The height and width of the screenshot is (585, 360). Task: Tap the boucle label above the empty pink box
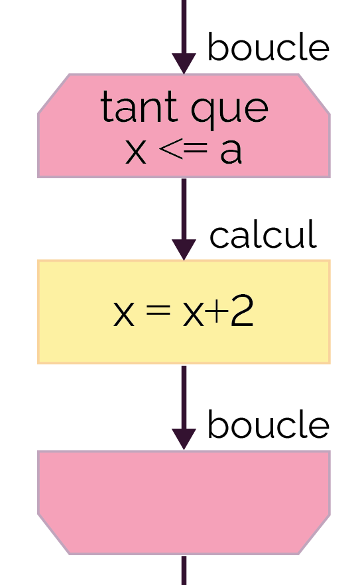[x=268, y=424]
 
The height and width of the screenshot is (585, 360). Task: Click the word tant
[x=139, y=107]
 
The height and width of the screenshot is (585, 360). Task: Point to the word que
[x=229, y=111]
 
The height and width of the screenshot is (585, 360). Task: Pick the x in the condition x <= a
[x=135, y=152]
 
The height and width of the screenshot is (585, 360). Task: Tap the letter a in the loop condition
[x=231, y=152]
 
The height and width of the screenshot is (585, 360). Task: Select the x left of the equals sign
[x=123, y=314]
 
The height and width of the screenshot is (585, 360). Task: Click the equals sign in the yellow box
[x=158, y=311]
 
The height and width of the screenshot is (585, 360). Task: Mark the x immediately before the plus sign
[x=194, y=314]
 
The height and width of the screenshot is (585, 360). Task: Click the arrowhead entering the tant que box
[x=184, y=64]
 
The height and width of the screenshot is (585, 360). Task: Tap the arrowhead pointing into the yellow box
[x=184, y=250]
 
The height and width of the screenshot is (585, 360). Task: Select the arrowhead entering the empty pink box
[x=184, y=439]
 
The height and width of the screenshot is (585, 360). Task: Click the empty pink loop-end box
[x=184, y=503]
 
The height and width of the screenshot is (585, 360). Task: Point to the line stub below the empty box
[x=184, y=570]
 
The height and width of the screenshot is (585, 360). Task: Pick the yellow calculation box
[x=184, y=312]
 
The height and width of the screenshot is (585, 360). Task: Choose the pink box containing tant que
[x=184, y=126]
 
